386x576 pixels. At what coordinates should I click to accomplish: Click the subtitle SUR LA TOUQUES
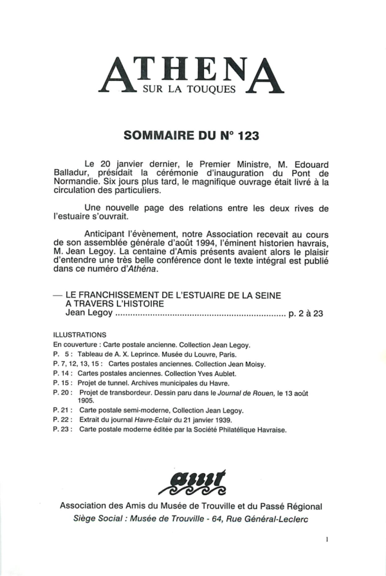(x=192, y=89)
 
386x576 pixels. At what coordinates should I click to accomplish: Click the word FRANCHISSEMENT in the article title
(x=132, y=294)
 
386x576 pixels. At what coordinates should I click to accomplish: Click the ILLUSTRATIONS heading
(x=79, y=335)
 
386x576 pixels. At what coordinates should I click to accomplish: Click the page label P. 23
(x=62, y=428)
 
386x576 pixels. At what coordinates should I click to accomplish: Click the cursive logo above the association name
(x=191, y=480)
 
